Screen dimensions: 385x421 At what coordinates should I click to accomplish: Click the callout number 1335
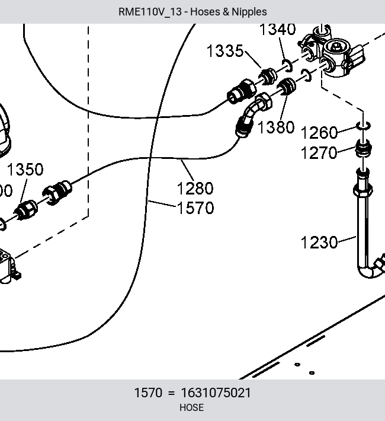225,51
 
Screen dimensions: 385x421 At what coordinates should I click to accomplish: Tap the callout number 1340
278,29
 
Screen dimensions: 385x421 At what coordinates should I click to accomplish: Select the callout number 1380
276,127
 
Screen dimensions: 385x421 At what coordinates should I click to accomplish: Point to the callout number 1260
319,133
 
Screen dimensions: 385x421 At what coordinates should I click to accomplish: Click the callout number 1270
319,153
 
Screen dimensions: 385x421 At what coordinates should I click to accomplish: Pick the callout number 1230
319,242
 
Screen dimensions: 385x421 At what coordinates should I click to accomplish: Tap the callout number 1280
195,188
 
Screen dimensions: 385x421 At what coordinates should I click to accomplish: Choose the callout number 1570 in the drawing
195,208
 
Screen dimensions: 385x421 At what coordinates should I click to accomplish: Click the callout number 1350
25,170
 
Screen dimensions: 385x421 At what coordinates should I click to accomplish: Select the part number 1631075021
216,393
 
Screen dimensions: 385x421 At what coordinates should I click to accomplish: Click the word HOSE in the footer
191,407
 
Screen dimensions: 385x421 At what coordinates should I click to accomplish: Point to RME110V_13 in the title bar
150,12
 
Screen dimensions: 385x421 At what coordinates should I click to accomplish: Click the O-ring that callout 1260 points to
364,125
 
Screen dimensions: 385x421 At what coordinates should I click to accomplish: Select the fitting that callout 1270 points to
364,149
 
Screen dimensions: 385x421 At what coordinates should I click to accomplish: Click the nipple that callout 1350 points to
25,210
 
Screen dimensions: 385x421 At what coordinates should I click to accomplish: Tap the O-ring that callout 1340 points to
287,66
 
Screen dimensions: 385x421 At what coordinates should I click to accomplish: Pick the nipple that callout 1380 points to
286,86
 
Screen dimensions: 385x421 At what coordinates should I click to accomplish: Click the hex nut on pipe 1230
362,190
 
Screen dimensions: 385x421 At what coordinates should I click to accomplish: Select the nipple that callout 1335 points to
268,76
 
